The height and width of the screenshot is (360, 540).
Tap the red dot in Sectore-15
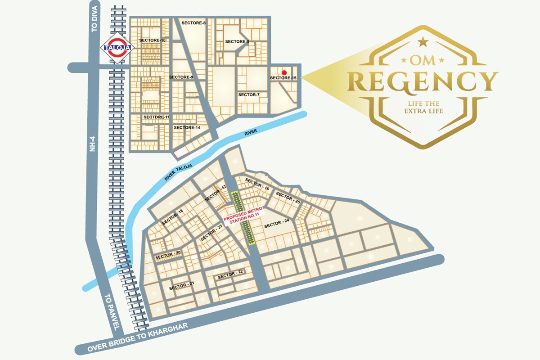pyautogui.click(x=284, y=72)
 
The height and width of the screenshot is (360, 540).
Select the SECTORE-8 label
pyautogui.click(x=193, y=22)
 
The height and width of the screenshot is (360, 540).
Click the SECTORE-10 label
pyautogui.click(x=153, y=40)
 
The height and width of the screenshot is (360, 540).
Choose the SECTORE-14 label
pyautogui.click(x=187, y=128)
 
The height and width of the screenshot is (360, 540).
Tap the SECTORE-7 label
pyautogui.click(x=249, y=95)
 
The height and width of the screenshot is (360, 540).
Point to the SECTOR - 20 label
pyautogui.click(x=168, y=255)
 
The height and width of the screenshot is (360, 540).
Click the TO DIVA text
pyautogui.click(x=94, y=21)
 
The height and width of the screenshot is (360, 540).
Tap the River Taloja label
pyautogui.click(x=178, y=173)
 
